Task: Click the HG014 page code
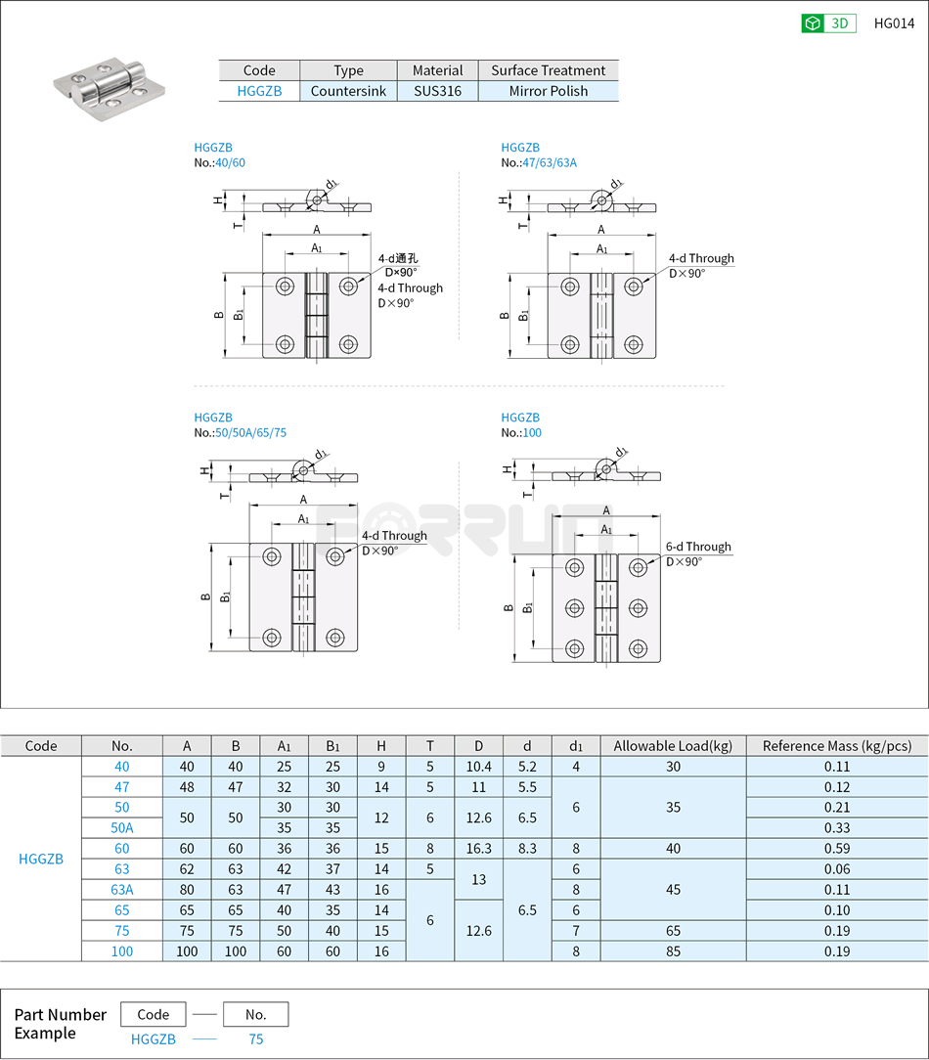click(x=894, y=23)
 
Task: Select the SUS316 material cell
click(x=437, y=91)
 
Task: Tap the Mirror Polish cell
click(x=548, y=91)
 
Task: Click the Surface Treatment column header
click(x=548, y=70)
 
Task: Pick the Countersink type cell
click(x=348, y=91)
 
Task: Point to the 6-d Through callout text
click(x=698, y=547)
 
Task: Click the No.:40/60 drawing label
click(x=220, y=162)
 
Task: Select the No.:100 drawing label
click(x=521, y=432)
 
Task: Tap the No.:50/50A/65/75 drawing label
click(x=240, y=432)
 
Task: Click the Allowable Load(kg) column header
click(x=673, y=746)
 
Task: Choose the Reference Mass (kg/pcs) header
click(x=836, y=746)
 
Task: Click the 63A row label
click(x=121, y=890)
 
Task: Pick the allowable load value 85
click(x=673, y=951)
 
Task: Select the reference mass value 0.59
click(x=836, y=849)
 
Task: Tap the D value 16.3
click(x=478, y=849)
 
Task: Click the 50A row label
click(x=121, y=828)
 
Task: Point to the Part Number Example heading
click(x=60, y=1024)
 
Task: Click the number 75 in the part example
click(x=255, y=1039)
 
